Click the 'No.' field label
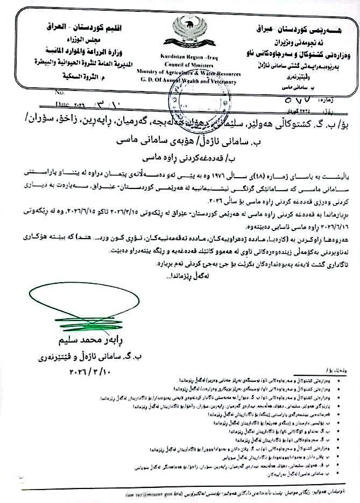[x=59, y=92]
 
